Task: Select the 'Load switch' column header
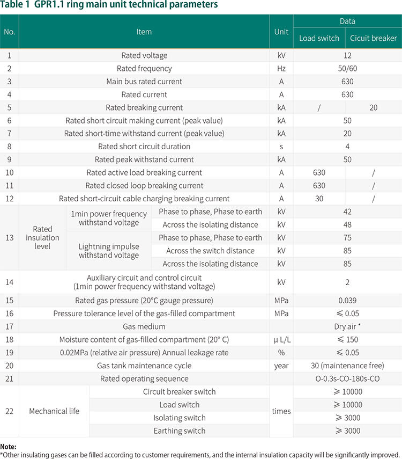pos(319,38)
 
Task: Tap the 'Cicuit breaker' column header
pos(373,38)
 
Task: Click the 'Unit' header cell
pos(281,32)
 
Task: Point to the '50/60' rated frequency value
pos(347,69)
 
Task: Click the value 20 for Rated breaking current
pos(373,107)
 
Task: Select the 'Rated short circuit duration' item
pos(144,147)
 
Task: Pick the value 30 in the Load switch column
pos(319,199)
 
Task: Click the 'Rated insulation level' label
pos(42,238)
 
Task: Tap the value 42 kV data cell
pos(347,212)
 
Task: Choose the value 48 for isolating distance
pos(347,225)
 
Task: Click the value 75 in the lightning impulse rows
pos(347,238)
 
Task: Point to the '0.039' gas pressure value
pos(347,301)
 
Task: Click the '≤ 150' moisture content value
pos(347,340)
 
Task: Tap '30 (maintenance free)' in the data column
pos(347,366)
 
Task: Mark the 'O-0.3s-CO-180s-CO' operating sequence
pos(347,379)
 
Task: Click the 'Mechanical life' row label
pos(54,411)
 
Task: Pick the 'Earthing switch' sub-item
pos(179,431)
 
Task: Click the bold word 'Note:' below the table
pos(9,446)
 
